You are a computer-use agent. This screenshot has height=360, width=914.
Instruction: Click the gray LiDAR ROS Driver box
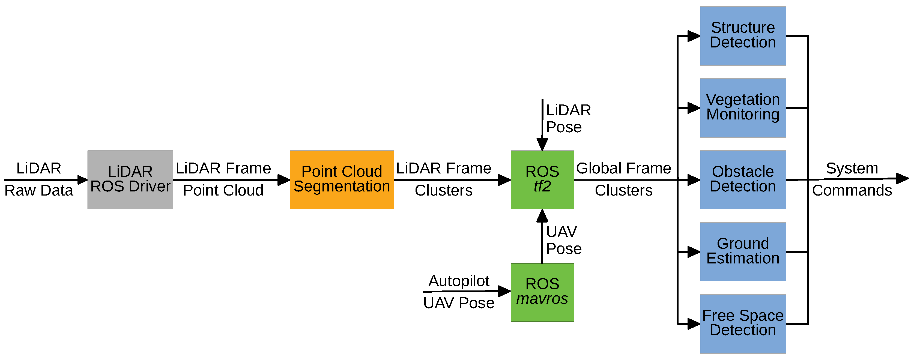click(130, 179)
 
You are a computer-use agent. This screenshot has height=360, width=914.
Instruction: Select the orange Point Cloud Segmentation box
click(342, 179)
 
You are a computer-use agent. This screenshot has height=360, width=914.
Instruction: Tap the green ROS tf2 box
click(542, 179)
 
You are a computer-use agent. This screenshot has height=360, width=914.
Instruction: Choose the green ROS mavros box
click(542, 292)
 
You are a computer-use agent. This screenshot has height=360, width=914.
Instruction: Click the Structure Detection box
click(743, 36)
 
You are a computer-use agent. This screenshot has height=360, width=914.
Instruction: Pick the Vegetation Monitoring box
click(743, 108)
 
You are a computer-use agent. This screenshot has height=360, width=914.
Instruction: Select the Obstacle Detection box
click(743, 179)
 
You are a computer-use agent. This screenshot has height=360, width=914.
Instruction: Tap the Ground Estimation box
click(743, 251)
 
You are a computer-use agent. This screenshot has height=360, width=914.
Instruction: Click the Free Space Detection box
click(743, 323)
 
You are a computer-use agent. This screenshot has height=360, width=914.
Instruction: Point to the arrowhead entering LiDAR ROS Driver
click(82, 179)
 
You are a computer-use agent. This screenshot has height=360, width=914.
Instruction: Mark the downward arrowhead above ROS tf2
click(542, 145)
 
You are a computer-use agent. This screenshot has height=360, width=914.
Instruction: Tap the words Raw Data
click(39, 190)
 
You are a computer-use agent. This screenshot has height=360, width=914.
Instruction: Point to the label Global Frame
click(623, 168)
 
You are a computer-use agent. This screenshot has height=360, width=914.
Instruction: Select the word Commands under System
click(852, 190)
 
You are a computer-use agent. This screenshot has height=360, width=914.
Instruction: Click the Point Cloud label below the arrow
click(223, 190)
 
